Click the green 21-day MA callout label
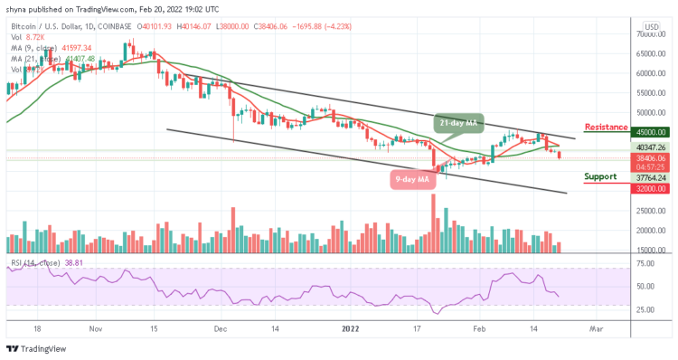tap(457, 123)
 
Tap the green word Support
tap(603, 176)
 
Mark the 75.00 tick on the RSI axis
tap(646, 264)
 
